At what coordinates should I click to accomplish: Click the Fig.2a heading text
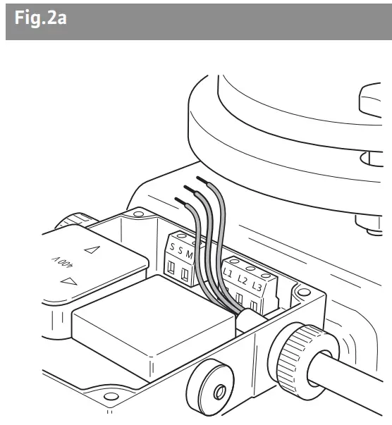(x=41, y=18)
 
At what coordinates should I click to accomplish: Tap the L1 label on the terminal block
(x=228, y=273)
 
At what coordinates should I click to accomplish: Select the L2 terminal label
(x=242, y=279)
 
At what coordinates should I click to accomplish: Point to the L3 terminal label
(x=257, y=286)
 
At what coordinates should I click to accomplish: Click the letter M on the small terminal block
(x=189, y=254)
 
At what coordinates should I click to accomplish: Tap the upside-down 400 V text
(x=62, y=261)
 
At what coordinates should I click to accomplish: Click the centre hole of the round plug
(x=219, y=392)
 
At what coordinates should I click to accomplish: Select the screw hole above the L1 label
(x=234, y=261)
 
